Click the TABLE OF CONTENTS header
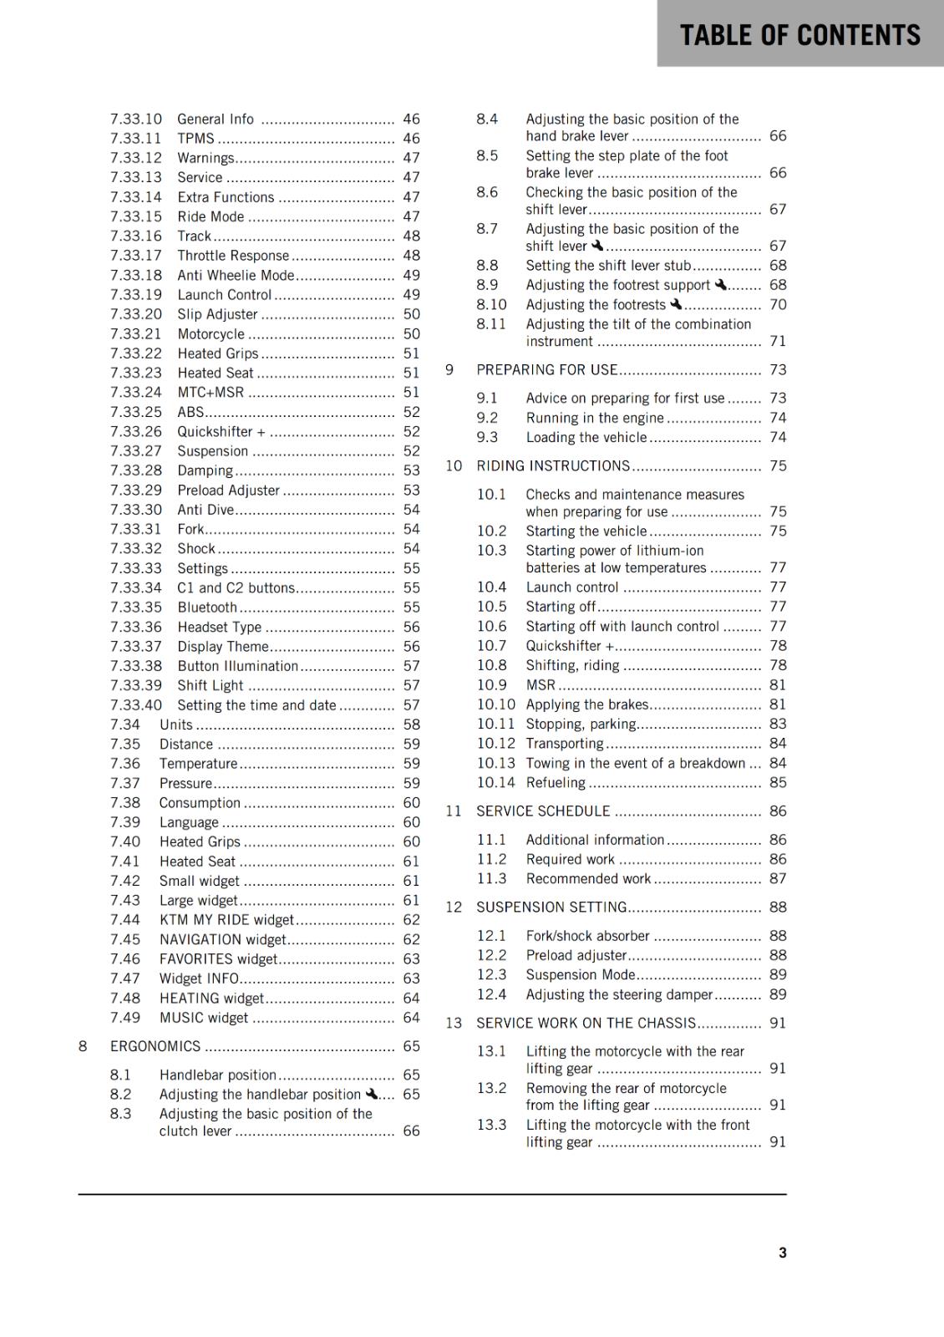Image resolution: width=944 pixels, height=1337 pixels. (799, 35)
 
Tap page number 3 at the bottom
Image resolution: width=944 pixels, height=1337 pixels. (782, 1252)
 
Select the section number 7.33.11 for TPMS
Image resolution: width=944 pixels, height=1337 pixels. (135, 139)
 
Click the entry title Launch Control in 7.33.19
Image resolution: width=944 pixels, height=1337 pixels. (224, 295)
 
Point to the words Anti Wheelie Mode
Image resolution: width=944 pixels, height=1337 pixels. (236, 275)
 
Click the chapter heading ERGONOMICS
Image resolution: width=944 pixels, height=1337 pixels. (155, 1046)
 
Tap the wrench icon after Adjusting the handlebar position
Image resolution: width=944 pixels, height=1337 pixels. (372, 1093)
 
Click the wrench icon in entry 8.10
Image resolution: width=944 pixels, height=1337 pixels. (677, 304)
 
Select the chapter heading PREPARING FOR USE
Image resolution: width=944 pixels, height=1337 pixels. (546, 369)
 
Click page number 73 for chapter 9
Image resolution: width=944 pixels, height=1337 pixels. (778, 369)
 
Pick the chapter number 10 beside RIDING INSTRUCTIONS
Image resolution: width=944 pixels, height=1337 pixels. (454, 465)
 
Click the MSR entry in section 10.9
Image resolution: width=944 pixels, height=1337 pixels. (541, 684)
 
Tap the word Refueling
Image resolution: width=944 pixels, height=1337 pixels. (556, 782)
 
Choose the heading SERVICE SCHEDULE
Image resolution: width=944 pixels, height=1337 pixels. (543, 811)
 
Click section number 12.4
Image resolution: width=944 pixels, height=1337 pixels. (491, 994)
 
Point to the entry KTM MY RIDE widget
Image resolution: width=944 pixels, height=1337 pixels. (226, 919)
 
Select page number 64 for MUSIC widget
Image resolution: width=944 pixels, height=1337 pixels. (411, 1017)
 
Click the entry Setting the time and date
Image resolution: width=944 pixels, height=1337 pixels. (256, 704)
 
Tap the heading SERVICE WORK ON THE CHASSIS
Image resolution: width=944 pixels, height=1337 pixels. (586, 1023)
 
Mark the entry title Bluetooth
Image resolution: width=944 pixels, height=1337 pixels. (207, 607)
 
